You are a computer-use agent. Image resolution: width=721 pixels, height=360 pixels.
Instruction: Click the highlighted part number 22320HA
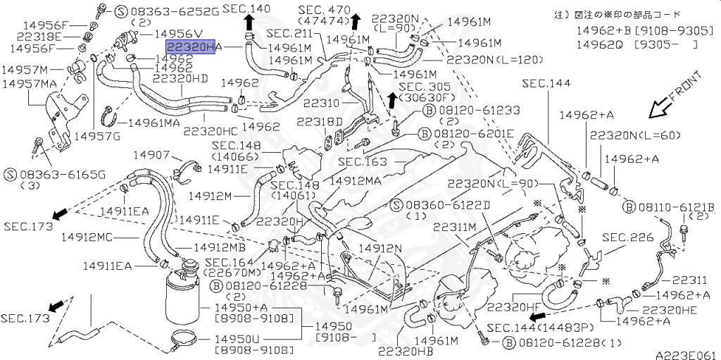[189, 46]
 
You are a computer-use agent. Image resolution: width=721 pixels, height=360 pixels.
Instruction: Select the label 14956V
[178, 33]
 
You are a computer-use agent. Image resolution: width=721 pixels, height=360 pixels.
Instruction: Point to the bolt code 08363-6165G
[61, 173]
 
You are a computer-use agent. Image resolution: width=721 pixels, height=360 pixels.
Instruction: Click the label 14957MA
[29, 83]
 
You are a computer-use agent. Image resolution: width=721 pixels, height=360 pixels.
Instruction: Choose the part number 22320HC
[211, 130]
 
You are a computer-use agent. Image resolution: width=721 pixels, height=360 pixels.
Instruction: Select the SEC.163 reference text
[361, 161]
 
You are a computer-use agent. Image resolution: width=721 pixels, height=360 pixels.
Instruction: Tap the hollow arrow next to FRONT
[661, 108]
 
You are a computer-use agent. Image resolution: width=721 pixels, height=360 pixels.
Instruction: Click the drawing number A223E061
[686, 354]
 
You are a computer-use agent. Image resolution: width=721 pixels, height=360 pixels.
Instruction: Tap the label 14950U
[241, 339]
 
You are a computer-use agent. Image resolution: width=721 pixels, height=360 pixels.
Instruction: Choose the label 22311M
[455, 227]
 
